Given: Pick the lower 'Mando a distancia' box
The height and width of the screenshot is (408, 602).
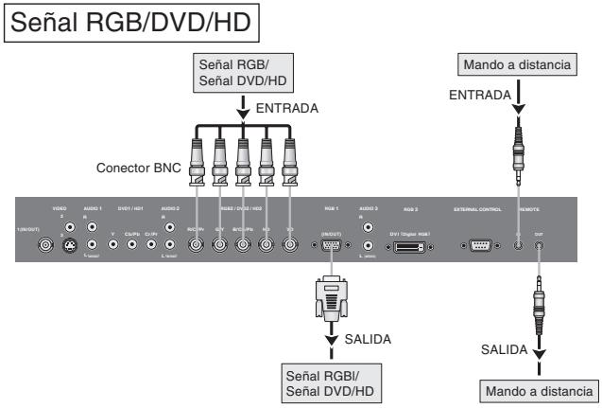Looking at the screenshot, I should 540,389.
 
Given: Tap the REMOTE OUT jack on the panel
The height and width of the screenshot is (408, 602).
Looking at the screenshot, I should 539,243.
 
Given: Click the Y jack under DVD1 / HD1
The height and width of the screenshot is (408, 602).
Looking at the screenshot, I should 113,244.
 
